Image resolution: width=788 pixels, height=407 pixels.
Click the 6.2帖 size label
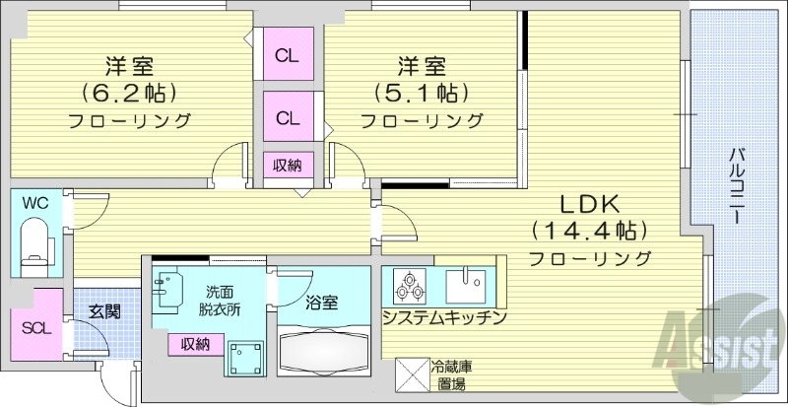tap(129, 94)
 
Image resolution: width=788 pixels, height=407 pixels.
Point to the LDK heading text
tap(589, 205)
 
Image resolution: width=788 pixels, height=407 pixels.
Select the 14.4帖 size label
tap(589, 232)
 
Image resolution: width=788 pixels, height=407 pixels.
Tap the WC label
tap(35, 203)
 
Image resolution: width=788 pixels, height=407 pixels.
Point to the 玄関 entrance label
tap(104, 312)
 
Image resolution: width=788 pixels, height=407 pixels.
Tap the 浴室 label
tap(321, 303)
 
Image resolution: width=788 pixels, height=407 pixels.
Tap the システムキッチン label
tap(444, 317)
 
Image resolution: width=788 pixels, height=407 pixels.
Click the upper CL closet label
tap(287, 55)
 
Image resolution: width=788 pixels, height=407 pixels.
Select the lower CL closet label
tap(287, 118)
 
